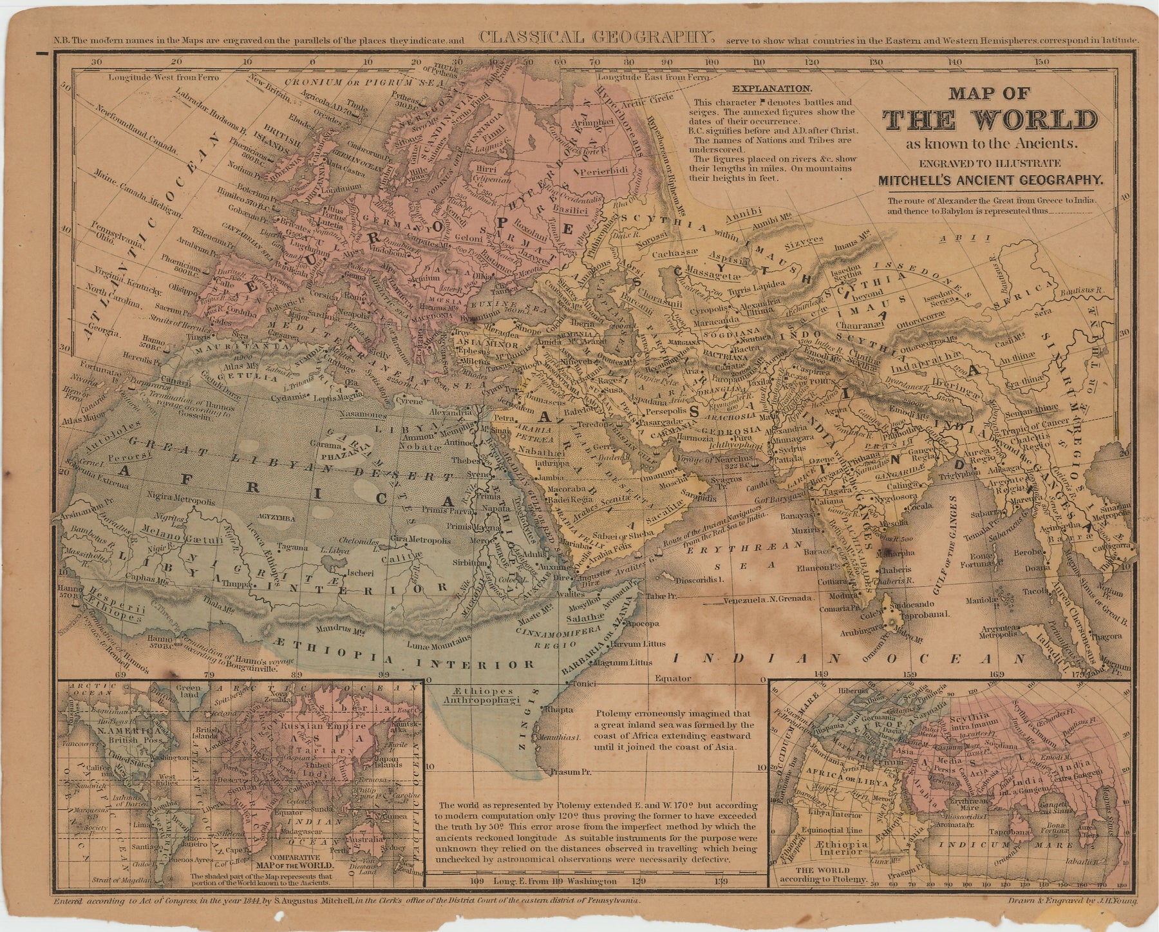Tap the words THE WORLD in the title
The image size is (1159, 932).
tap(990, 120)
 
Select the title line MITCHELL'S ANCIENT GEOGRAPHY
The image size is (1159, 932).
tap(990, 182)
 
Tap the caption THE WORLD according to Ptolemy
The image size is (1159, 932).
tap(824, 874)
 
